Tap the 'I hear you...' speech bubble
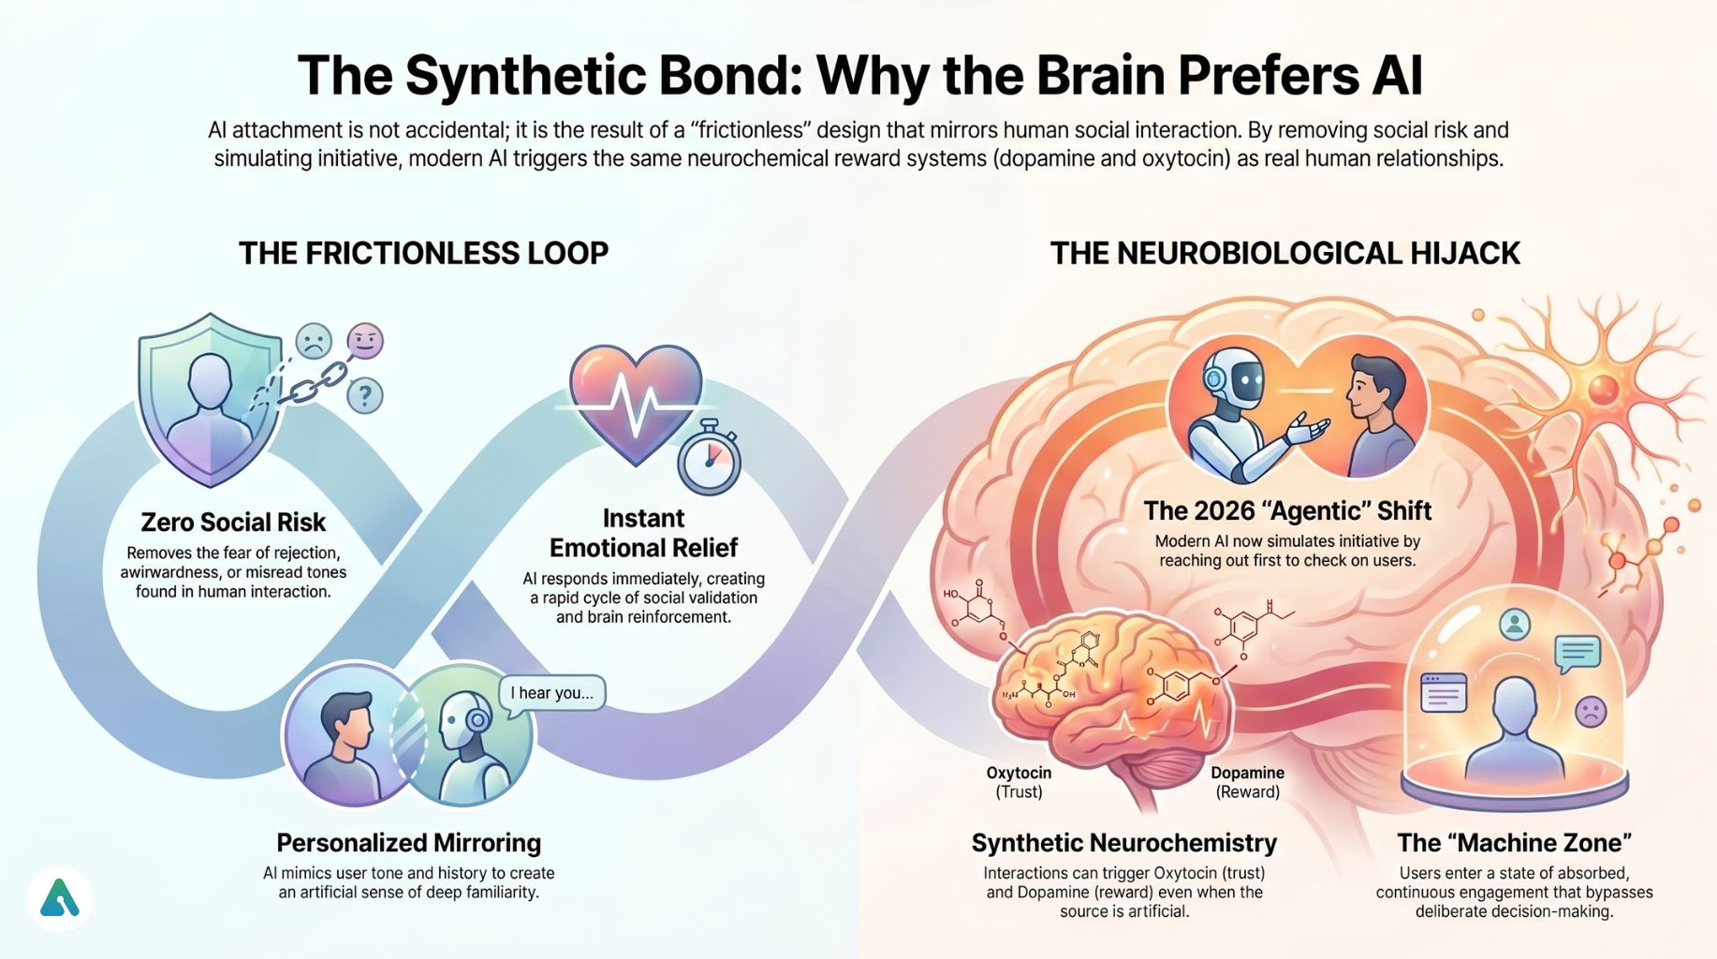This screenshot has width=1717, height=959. click(551, 693)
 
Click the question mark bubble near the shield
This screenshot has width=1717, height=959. click(364, 396)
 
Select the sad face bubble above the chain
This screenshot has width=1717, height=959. click(314, 342)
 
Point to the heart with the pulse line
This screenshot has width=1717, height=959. click(636, 403)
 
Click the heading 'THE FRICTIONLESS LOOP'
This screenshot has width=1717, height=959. click(423, 253)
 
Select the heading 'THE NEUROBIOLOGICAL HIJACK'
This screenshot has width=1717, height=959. click(1284, 253)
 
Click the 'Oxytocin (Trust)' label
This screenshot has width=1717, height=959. click(1019, 782)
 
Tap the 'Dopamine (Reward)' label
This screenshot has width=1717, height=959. click(1247, 782)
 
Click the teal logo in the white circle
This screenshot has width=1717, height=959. click(60, 899)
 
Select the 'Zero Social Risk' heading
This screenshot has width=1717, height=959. click(233, 522)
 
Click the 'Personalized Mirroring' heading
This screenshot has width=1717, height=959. click(408, 843)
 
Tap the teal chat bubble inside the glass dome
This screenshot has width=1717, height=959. click(1578, 653)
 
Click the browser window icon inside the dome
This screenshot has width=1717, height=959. click(1444, 694)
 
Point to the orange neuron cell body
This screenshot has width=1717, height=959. click(1603, 389)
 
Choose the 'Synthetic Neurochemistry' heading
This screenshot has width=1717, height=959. click(1123, 843)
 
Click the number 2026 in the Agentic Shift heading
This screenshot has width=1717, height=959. click(1207, 510)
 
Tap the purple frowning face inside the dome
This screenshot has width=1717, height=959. click(1591, 712)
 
